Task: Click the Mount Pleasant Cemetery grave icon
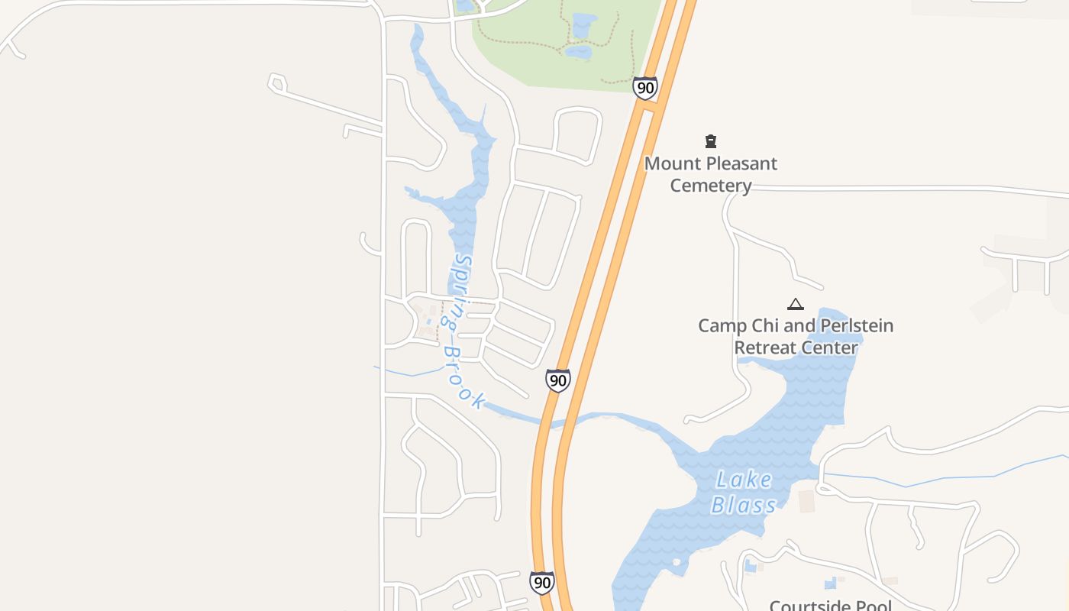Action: pyautogui.click(x=711, y=141)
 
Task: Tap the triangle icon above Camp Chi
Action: pyautogui.click(x=796, y=304)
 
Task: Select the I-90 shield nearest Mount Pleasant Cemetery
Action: pyautogui.click(x=645, y=88)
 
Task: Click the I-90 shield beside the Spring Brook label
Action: pyautogui.click(x=558, y=380)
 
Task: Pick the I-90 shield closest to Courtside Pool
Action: pyautogui.click(x=542, y=583)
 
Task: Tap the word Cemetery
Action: pyautogui.click(x=711, y=186)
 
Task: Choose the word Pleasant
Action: pyautogui.click(x=743, y=163)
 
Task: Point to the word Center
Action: pyautogui.click(x=829, y=348)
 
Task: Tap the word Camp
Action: pyautogui.click(x=722, y=326)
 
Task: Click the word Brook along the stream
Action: pyautogui.click(x=464, y=377)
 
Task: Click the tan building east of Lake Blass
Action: pyautogui.click(x=806, y=502)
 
